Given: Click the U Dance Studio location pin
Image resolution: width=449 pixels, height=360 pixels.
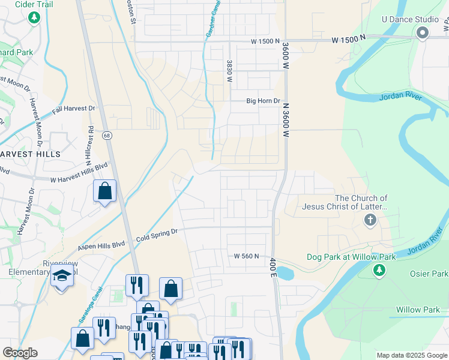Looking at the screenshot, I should pos(422,32).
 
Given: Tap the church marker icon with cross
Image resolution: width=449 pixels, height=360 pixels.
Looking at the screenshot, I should pos(370,220).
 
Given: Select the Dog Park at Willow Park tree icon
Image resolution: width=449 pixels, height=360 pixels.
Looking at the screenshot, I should pos(379,271).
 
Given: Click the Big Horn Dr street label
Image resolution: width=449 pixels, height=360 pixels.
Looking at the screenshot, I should pos(264,101).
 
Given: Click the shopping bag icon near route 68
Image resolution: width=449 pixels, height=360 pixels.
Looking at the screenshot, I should pos(104,191).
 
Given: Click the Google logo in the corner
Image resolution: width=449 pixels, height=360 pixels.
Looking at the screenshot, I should pos(20,352).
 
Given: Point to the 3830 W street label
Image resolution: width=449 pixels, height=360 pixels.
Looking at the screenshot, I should pos(229,70).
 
